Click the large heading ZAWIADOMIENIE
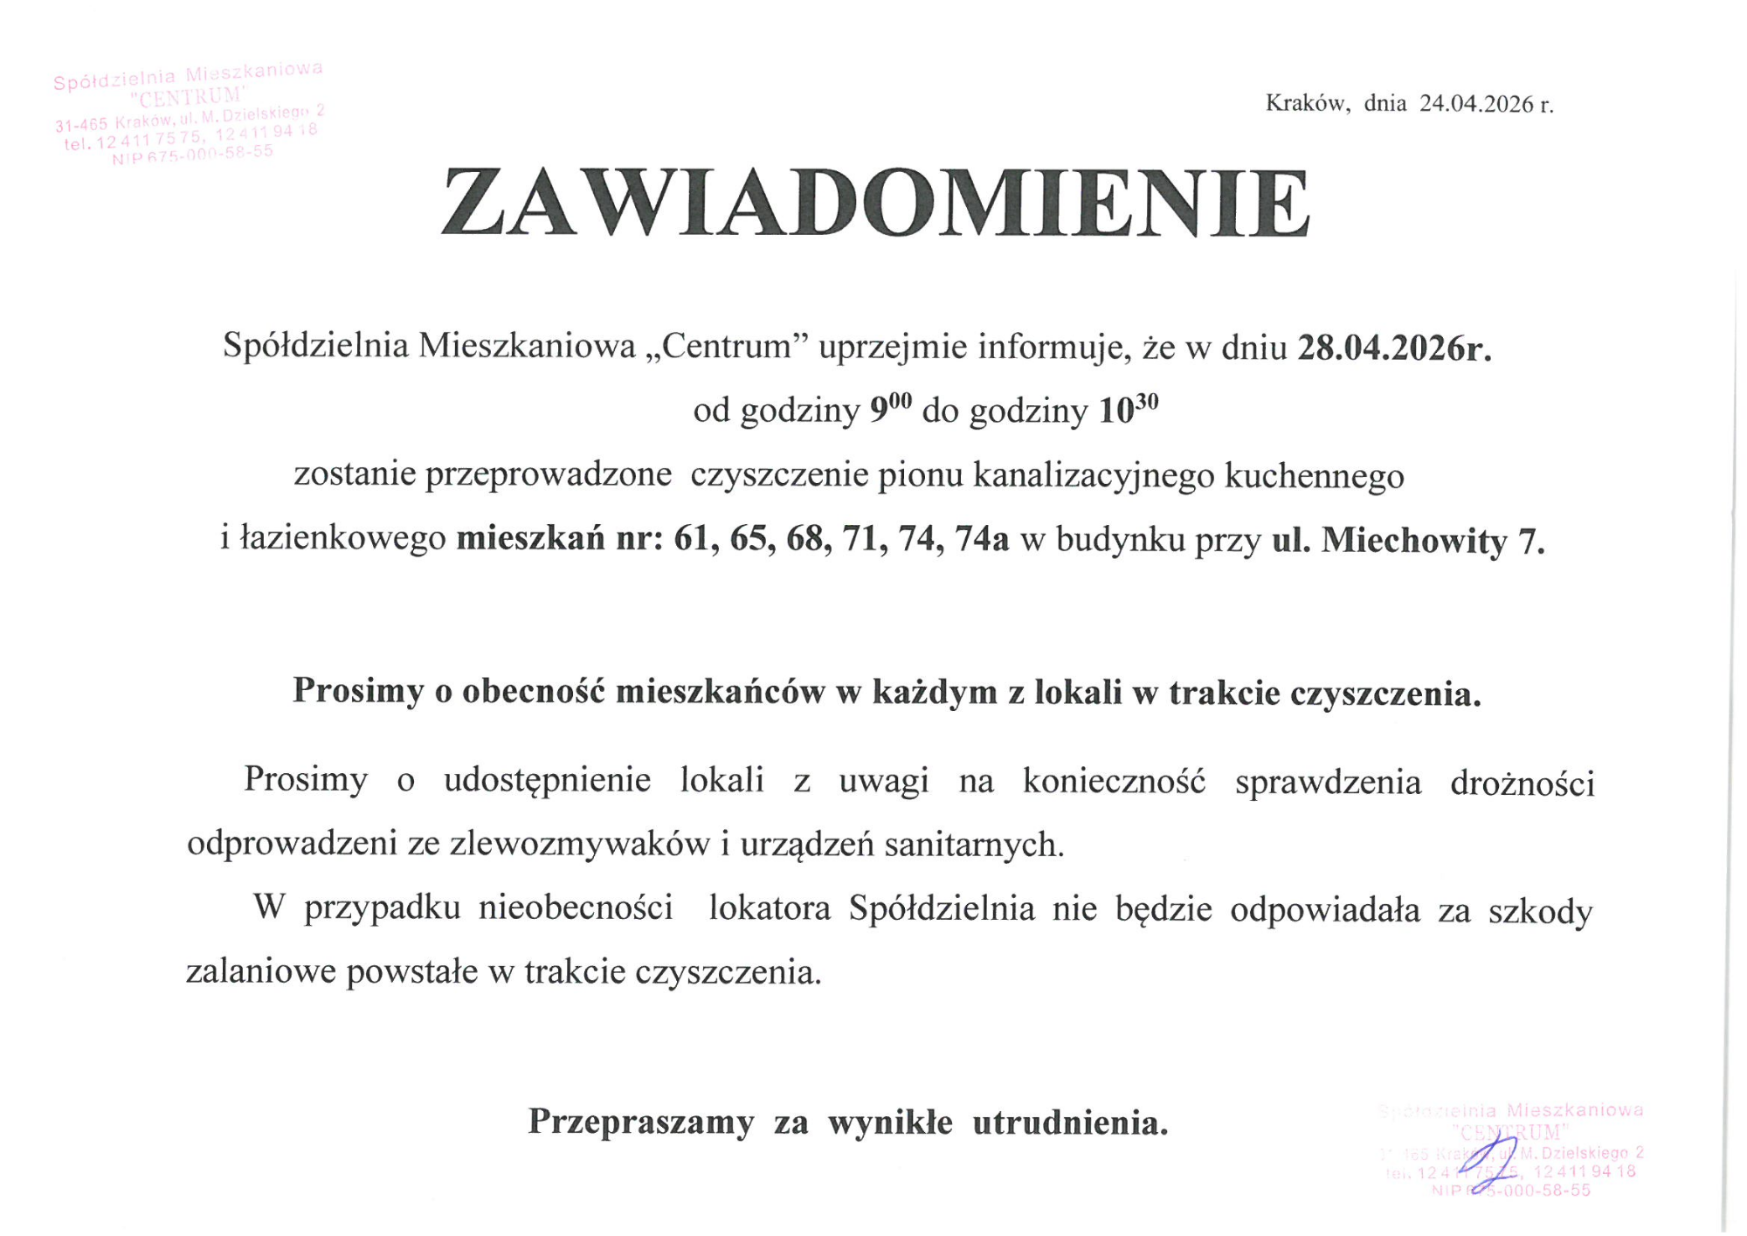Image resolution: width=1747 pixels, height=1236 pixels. pos(874,203)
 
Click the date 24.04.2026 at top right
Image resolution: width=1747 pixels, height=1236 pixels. pos(1476,104)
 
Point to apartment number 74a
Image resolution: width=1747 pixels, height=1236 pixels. pos(982,540)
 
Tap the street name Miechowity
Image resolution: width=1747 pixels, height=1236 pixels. pos(1414,542)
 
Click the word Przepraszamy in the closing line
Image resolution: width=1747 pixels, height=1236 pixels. pos(640,1122)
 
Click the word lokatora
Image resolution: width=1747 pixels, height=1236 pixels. pos(770,908)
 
